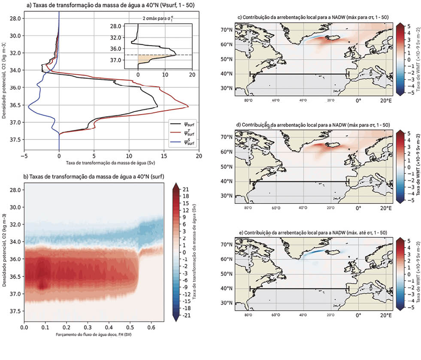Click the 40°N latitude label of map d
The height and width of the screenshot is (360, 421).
tap(227, 181)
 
